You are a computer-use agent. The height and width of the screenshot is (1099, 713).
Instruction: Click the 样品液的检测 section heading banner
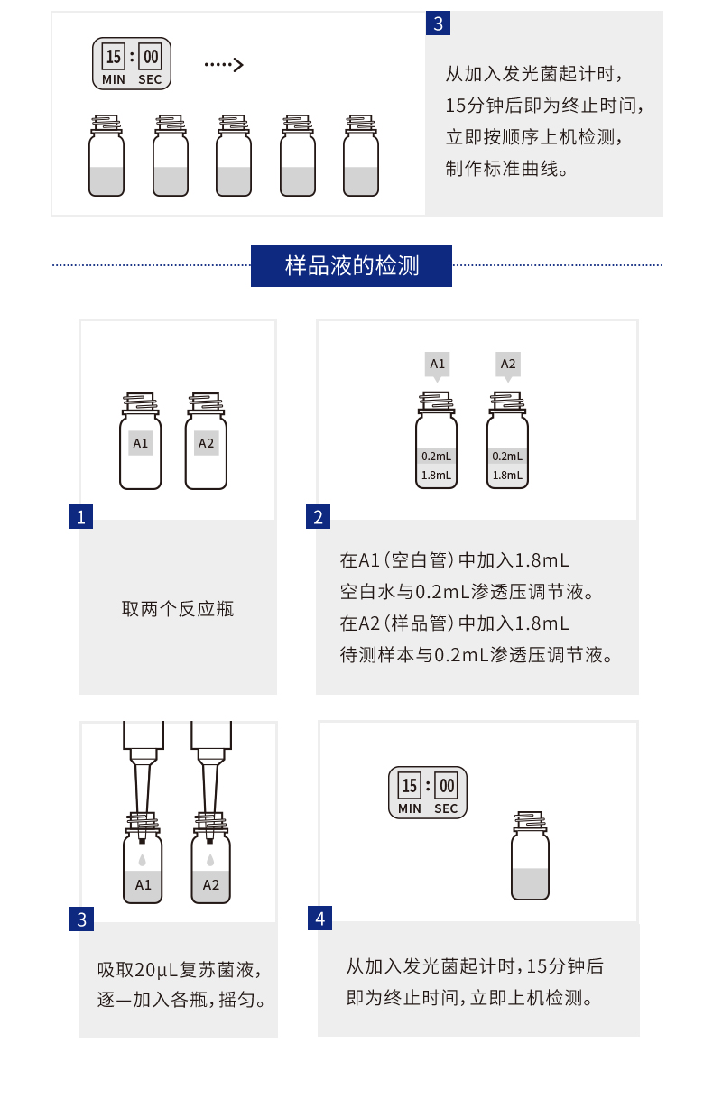click(x=351, y=266)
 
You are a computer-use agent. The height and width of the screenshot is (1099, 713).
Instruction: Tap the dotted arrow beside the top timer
click(x=224, y=64)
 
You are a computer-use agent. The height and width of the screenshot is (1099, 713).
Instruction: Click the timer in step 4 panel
click(x=428, y=792)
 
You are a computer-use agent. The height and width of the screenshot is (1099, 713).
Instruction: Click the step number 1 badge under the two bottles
click(x=80, y=517)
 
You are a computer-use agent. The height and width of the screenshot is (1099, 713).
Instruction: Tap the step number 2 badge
click(x=318, y=517)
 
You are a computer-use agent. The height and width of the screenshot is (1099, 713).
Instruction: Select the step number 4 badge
click(x=319, y=919)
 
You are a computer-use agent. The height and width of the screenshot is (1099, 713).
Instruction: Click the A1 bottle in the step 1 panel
click(x=141, y=442)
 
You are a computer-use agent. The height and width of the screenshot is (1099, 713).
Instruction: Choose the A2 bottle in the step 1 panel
click(x=206, y=442)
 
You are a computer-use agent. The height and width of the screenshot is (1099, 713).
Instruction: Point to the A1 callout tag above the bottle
click(x=437, y=365)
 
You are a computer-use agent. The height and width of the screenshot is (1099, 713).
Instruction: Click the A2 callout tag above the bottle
click(x=508, y=365)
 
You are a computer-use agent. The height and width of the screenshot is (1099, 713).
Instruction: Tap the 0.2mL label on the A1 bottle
click(x=437, y=457)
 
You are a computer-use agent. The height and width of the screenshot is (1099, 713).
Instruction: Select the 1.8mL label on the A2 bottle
click(x=507, y=475)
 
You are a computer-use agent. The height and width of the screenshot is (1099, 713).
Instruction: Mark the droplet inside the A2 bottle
click(x=210, y=860)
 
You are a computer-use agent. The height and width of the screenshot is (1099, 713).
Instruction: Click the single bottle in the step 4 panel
click(x=530, y=856)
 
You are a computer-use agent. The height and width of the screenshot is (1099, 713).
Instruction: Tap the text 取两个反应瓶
click(x=178, y=609)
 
